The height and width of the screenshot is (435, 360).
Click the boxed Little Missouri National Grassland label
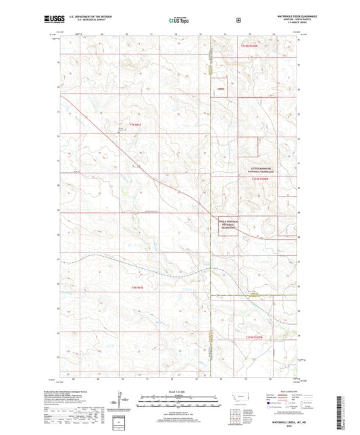pyautogui.click(x=228, y=224)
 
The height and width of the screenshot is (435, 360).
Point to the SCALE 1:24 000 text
pyautogui.click(x=179, y=391)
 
